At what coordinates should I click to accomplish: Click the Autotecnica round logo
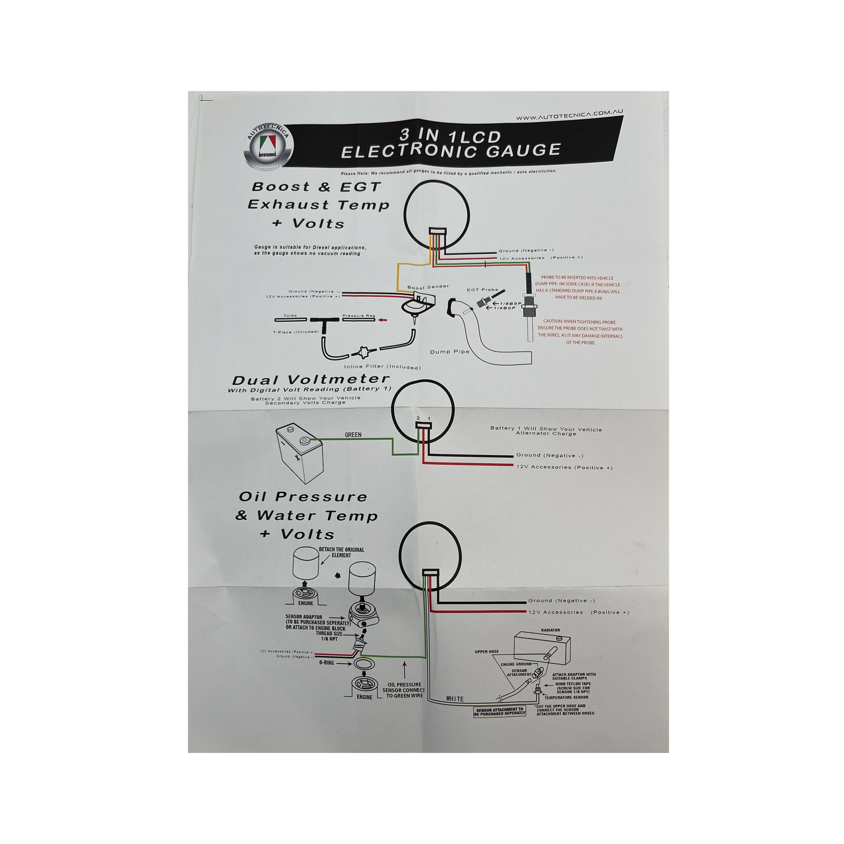(268, 147)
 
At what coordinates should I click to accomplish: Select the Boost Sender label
(428, 287)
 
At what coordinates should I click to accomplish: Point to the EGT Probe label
(482, 290)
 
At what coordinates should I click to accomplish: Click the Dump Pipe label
(450, 352)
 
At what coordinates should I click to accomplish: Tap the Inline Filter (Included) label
(382, 367)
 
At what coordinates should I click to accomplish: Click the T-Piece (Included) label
(296, 332)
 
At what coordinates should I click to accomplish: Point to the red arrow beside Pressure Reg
(383, 319)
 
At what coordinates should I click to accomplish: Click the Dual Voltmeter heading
(310, 380)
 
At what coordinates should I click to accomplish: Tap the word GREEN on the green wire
(353, 435)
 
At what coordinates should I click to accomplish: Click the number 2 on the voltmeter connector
(418, 418)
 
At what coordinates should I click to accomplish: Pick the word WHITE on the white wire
(454, 699)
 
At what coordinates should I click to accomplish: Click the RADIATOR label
(550, 630)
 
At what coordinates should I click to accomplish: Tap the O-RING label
(327, 663)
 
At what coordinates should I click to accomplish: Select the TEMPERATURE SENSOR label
(566, 697)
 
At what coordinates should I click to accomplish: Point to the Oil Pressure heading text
(303, 497)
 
